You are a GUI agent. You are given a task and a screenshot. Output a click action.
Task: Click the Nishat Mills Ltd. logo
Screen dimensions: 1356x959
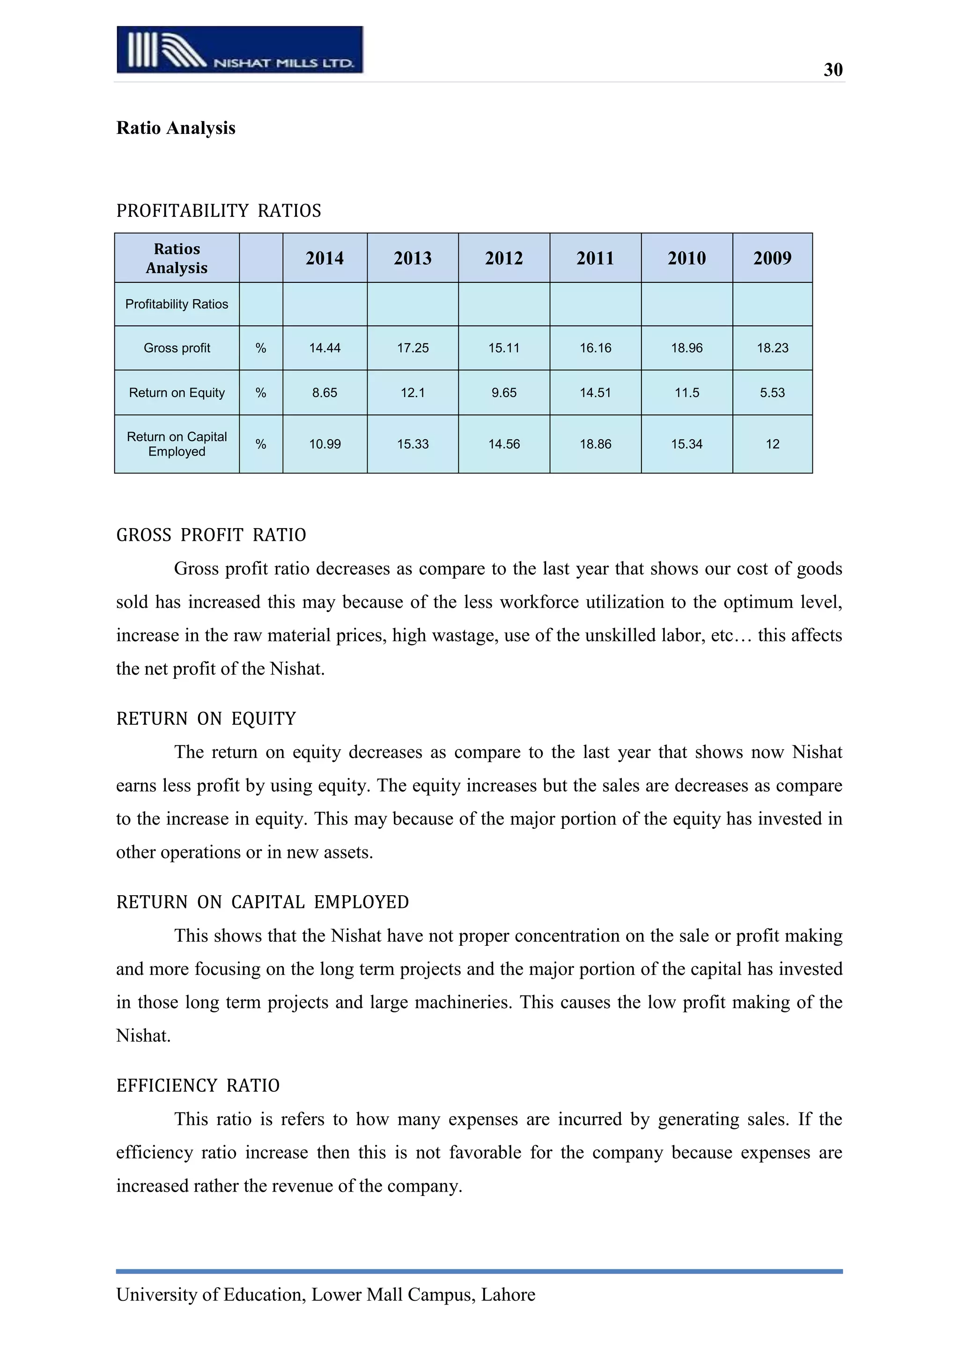[240, 50]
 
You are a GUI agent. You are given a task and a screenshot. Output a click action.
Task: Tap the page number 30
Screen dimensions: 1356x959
[833, 70]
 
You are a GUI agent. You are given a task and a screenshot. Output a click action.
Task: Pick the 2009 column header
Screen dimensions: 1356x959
[772, 258]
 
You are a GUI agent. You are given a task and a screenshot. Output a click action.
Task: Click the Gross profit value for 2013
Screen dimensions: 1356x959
[412, 348]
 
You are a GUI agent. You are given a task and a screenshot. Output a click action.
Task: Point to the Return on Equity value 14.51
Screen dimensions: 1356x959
[595, 393]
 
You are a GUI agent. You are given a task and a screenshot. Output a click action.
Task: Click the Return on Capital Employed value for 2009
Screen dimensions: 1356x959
[772, 444]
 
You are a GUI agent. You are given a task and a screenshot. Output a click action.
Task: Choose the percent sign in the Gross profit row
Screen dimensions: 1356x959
[260, 348]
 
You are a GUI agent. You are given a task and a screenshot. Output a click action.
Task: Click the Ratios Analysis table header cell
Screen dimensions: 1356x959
[177, 258]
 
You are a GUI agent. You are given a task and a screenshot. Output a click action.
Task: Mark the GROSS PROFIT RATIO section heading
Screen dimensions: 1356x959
[211, 535]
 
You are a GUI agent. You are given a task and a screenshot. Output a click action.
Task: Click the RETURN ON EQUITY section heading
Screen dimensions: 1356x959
[206, 719]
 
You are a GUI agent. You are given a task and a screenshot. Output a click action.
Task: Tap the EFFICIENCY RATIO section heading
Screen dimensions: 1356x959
[198, 1085]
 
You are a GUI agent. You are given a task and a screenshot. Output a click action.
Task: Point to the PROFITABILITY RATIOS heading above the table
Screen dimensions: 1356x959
[219, 211]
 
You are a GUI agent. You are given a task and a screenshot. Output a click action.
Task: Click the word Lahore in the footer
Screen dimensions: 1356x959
[508, 1295]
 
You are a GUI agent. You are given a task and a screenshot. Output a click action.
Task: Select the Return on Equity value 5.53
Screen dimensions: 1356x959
[772, 393]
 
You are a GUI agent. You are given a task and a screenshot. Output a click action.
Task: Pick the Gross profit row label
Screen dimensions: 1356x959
[177, 348]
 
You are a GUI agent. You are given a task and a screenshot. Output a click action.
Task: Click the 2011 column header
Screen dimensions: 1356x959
[595, 258]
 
